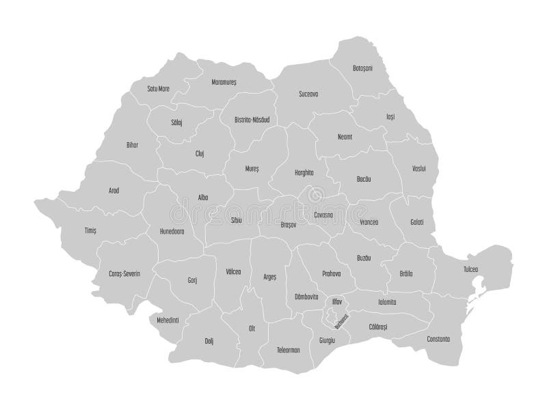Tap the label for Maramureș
tap(224, 81)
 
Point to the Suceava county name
tap(309, 94)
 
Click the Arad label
tap(114, 191)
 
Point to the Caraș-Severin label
tap(124, 273)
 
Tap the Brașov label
tap(289, 223)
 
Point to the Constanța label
tap(437, 338)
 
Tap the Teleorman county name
tap(289, 349)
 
